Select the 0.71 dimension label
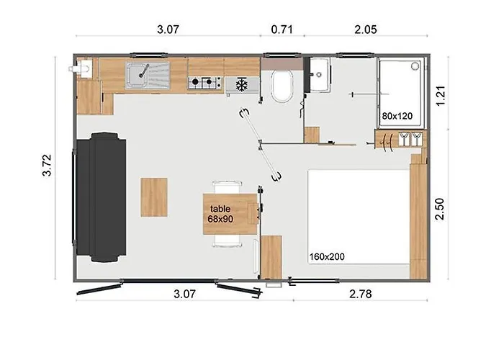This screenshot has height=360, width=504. point(282,30)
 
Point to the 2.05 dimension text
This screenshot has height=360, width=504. point(366,30)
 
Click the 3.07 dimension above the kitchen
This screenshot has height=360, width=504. point(168,30)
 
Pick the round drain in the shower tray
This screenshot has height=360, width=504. point(414,66)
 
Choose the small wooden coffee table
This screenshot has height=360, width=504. point(153,197)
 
